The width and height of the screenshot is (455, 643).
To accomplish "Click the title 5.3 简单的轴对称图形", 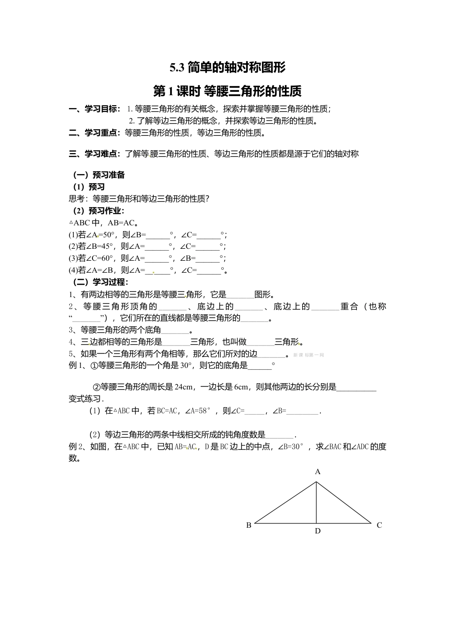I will click(227, 67).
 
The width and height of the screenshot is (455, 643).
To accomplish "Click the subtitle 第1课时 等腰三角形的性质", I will click(227, 91).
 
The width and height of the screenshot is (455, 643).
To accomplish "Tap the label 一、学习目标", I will click(94, 109).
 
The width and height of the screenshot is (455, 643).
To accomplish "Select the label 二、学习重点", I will click(94, 133).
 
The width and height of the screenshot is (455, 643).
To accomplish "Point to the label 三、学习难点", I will click(94, 154).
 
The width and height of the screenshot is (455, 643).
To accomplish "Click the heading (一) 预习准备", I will click(99, 175).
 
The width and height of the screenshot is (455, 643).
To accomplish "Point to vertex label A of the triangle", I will click(318, 472).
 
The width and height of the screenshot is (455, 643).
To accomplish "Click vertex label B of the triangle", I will click(249, 525).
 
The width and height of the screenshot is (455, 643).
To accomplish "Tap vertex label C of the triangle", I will click(379, 525).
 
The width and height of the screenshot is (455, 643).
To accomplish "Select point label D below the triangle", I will click(318, 531).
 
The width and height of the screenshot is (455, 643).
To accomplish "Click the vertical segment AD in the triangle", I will click(317, 502).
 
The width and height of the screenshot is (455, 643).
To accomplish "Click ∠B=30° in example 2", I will click(291, 447).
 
